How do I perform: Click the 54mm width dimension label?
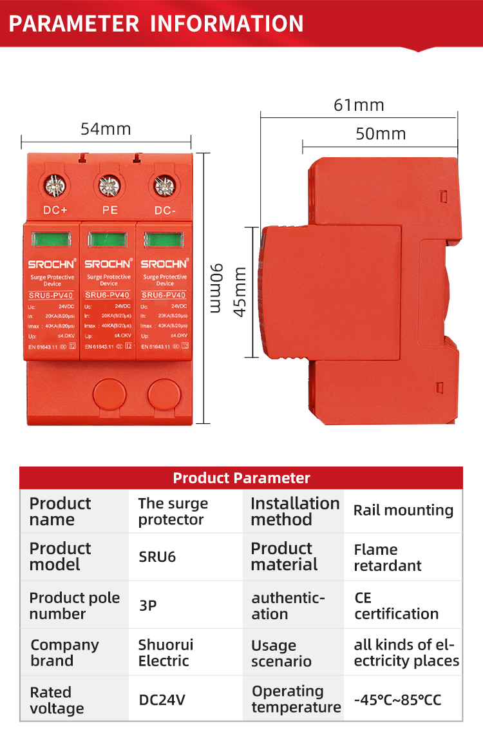(x=106, y=129)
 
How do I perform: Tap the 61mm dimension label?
(x=359, y=105)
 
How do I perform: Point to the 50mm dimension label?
(x=381, y=134)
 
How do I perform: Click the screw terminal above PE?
(x=109, y=186)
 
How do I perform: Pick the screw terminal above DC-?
(x=164, y=186)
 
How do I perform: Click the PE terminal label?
(x=109, y=210)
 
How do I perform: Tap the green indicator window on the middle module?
(x=109, y=240)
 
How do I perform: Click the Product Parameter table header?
(x=241, y=478)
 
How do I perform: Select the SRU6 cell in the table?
(x=157, y=557)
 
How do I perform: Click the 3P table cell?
(x=147, y=606)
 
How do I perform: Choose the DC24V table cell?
(x=162, y=699)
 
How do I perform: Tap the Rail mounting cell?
(x=403, y=511)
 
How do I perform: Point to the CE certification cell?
(x=395, y=606)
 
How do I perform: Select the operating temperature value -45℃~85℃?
(x=397, y=699)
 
